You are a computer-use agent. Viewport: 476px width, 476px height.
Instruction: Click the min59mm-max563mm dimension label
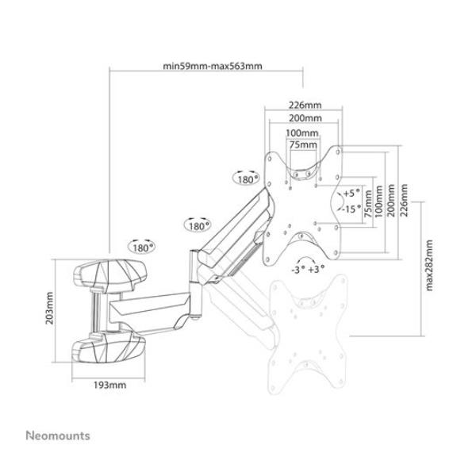point(212,66)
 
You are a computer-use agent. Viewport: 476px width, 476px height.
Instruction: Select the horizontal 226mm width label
point(305,104)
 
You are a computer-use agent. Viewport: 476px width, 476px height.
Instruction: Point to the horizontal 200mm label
point(305,117)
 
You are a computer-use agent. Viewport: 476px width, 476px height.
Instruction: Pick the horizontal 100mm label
point(302,132)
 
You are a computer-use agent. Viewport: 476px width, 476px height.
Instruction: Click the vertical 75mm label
point(367,204)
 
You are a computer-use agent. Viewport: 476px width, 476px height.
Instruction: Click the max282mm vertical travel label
point(429,266)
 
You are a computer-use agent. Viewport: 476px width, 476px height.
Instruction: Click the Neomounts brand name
point(58,436)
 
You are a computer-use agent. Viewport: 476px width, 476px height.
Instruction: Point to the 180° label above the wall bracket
point(143,247)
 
